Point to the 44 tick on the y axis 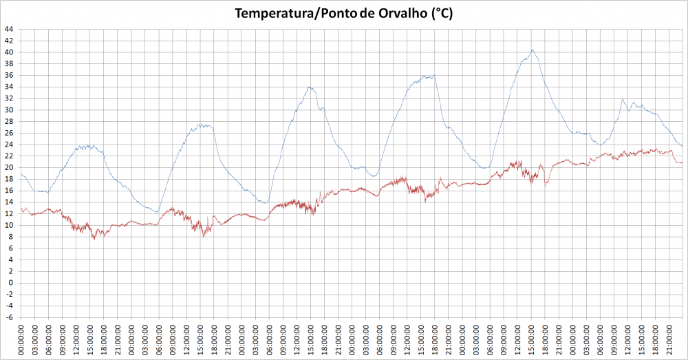(x=8, y=30)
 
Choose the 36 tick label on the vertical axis (x=8, y=76)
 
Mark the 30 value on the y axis (x=8, y=110)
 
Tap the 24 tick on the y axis (x=8, y=145)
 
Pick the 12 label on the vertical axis (x=8, y=213)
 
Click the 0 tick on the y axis (x=10, y=282)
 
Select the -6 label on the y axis (x=8, y=317)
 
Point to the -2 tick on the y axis (x=8, y=294)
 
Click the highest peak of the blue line (x=532, y=50)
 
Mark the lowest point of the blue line (x=157, y=212)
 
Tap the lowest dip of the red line (x=94, y=239)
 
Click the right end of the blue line (x=682, y=146)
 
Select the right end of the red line (x=682, y=162)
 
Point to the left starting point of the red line (x=21, y=208)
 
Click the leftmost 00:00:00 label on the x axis (x=21, y=340)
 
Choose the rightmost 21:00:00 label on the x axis (x=668, y=340)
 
